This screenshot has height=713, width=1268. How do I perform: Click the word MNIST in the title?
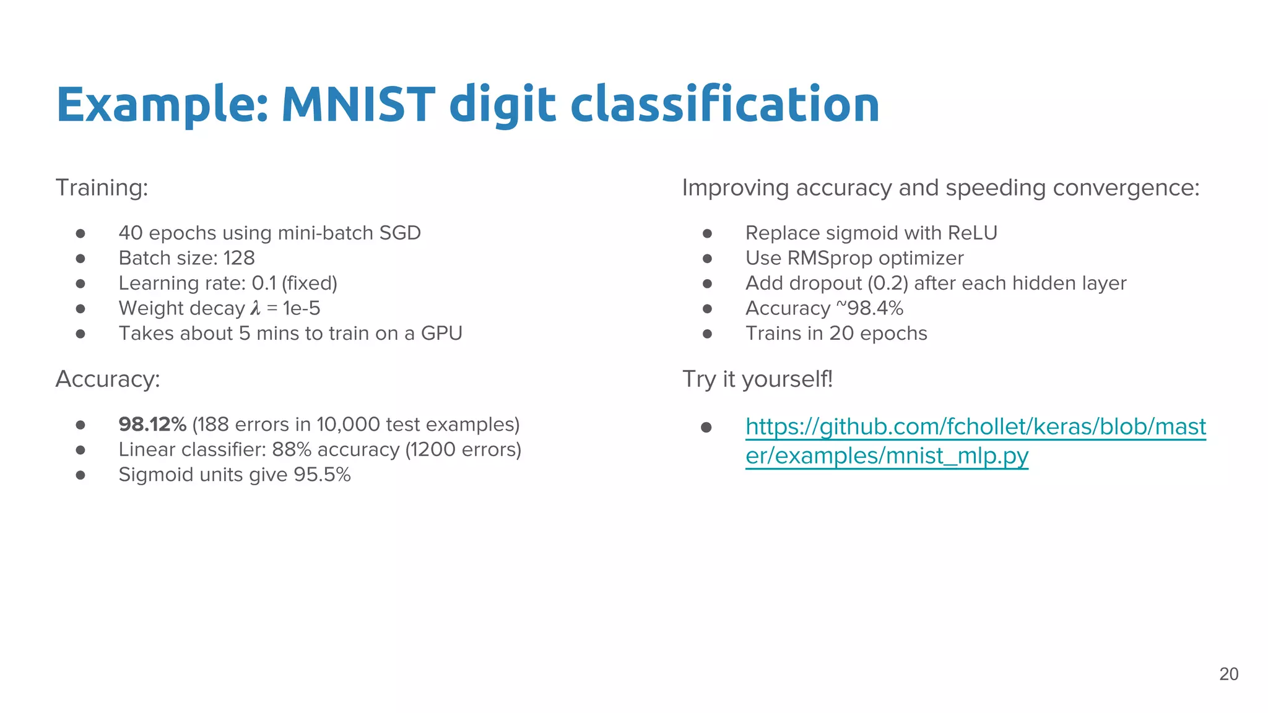coord(358,104)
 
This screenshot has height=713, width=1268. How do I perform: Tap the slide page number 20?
coord(1228,674)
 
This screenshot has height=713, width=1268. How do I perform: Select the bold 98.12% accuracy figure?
coord(152,425)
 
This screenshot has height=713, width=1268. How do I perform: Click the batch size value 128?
coord(239,258)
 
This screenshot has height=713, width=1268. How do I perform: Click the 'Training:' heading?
coord(102,188)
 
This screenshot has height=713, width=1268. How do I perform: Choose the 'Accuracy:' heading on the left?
coord(108,379)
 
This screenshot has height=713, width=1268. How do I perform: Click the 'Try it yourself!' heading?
coord(757,379)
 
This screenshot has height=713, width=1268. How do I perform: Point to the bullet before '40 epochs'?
coord(80,233)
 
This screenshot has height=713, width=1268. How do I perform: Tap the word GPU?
coord(441,334)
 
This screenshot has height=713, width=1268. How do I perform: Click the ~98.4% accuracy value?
coord(869,308)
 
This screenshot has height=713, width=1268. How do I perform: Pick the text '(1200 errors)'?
coord(463,450)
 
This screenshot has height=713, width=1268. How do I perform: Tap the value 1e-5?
coord(302,308)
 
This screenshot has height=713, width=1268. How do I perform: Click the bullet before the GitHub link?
coord(706,427)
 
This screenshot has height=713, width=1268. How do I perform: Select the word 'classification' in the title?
coord(724,104)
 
